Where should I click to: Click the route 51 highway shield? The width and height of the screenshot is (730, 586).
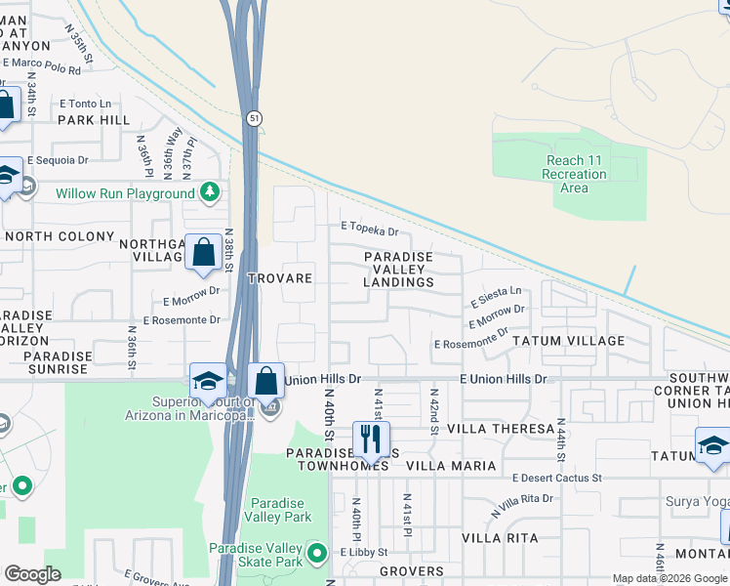pos(253,117)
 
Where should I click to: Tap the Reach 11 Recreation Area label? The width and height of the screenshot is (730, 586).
pos(575,174)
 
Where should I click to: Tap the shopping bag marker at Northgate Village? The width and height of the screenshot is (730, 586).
pos(203,252)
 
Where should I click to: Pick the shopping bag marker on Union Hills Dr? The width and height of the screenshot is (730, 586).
pos(265,381)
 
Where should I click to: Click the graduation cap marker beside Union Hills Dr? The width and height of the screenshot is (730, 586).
pos(209,381)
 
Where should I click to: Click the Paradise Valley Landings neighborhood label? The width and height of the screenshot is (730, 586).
pos(398,269)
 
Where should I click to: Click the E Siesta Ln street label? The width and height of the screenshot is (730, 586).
pos(496,296)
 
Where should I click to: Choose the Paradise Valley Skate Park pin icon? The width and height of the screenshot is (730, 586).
pos(316,554)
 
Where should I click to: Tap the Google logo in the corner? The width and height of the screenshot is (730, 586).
pos(32,574)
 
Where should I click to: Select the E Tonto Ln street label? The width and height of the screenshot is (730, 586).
pos(85,104)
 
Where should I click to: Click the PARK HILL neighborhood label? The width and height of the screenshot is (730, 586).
pos(93,120)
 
